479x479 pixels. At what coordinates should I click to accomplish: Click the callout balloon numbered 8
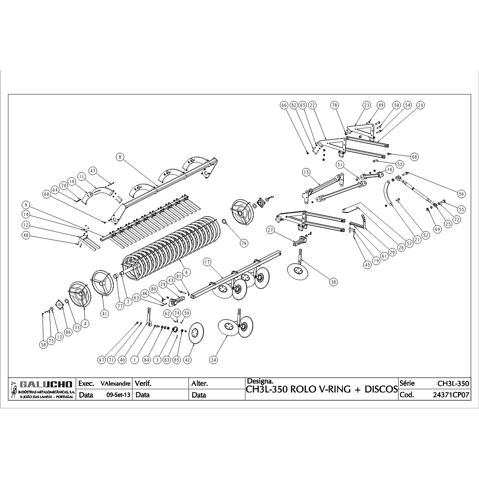(x=120, y=158)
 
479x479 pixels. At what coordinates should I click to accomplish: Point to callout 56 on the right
(x=462, y=194)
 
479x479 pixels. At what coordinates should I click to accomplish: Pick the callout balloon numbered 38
(x=333, y=282)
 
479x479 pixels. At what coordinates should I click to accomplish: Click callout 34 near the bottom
(x=214, y=360)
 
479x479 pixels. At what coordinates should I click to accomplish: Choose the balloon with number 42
(x=188, y=360)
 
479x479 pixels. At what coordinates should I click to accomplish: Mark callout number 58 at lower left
(x=44, y=344)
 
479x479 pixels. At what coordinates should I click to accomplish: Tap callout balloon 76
(x=244, y=243)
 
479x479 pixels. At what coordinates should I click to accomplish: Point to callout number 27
(x=270, y=230)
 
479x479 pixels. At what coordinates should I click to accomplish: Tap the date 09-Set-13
(x=118, y=395)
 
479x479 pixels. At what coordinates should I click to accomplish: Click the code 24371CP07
(x=451, y=395)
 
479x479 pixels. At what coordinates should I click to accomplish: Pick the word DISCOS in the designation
(x=381, y=390)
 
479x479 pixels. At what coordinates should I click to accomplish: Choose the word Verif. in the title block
(x=143, y=384)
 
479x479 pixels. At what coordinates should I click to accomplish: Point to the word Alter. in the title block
(x=200, y=384)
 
